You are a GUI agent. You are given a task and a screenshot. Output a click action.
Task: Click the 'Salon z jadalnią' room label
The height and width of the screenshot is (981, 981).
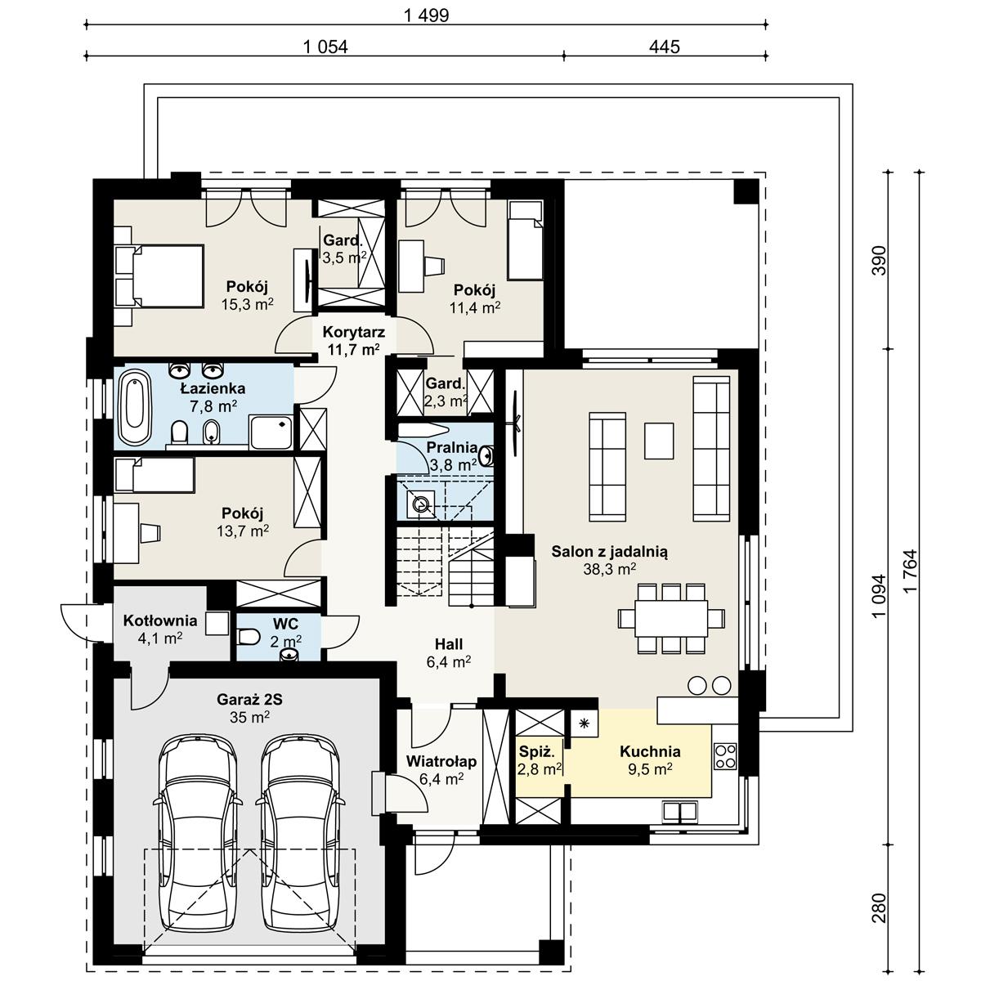[609, 552]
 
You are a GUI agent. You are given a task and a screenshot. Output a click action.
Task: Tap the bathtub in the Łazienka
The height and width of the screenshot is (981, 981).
[136, 408]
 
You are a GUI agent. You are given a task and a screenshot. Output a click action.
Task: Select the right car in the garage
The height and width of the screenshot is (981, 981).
[301, 830]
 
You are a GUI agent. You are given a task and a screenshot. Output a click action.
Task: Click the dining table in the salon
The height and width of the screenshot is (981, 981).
[671, 617]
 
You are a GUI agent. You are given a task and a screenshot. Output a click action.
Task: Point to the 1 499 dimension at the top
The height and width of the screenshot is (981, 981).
[426, 16]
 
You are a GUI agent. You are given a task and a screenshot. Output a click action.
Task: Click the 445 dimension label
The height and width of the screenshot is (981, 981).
[664, 47]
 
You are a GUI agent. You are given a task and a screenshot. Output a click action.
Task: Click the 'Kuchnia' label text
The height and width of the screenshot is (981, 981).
[650, 751]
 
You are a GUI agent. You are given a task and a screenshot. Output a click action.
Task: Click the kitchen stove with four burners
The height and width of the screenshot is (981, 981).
[725, 756]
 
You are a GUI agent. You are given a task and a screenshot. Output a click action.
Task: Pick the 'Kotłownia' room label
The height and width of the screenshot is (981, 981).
[160, 621]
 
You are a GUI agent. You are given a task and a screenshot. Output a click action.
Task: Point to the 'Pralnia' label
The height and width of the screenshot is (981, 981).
[451, 447]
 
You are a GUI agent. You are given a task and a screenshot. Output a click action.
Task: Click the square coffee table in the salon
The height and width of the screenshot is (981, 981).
[659, 440]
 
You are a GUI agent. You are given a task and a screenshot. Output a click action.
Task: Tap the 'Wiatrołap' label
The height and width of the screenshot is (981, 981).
[441, 762]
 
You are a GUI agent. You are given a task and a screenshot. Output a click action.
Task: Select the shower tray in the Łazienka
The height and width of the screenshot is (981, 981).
[271, 431]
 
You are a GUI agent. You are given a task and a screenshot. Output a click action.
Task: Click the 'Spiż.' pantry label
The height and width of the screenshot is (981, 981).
[538, 751]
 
